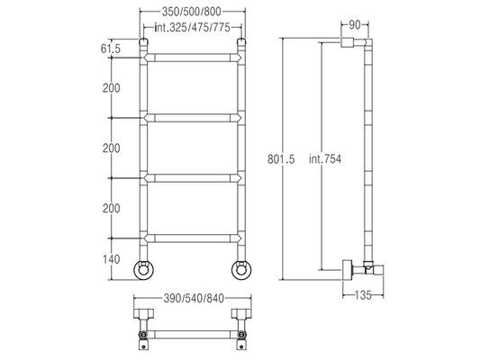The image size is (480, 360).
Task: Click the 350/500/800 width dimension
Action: [x=191, y=12]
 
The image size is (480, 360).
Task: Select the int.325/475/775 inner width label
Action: [x=192, y=28]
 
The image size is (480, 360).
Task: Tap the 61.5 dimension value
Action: [x=111, y=49]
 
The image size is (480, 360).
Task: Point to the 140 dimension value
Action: [x=111, y=259]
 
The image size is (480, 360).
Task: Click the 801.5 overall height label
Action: [x=281, y=159]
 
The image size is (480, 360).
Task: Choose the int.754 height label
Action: [x=325, y=159]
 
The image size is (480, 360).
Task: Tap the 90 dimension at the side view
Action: [x=355, y=25]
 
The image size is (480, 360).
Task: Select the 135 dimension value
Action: [x=363, y=295]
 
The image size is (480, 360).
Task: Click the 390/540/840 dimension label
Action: [x=194, y=298]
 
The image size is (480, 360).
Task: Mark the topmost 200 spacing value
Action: [x=111, y=88]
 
